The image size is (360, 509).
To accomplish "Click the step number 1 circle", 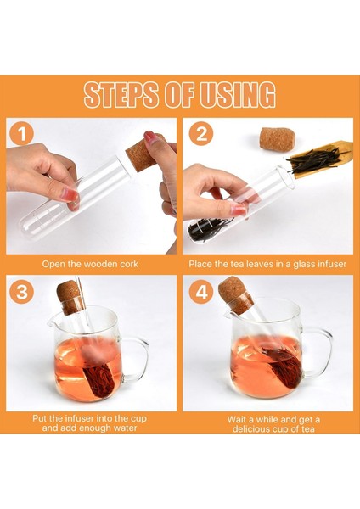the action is tap(22, 133).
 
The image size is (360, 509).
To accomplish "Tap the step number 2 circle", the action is tap(201, 133).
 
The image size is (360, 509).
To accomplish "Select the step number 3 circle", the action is tap(22, 292).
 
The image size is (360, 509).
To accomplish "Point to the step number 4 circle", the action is tap(201, 292).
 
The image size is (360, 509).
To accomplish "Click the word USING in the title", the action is tap(238, 94).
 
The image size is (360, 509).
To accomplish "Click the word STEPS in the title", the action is tap(122, 94).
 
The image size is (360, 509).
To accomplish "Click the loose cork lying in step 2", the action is tap(277, 140).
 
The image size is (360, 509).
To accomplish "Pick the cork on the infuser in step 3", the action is tap(70, 297).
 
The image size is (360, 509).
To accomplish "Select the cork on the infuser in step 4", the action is tap(234, 295).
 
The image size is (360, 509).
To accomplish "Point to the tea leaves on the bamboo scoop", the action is tap(316, 160).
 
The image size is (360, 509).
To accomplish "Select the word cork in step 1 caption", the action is tap(129, 264).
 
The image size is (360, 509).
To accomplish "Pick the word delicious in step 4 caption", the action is tap(253, 428).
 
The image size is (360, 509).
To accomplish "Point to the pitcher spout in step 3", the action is tap(51, 323).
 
